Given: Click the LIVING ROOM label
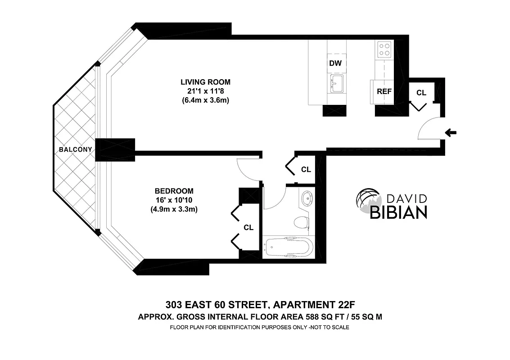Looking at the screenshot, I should point(205,82).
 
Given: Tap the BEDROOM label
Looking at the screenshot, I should point(174,191).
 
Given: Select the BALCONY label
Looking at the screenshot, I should point(76,149).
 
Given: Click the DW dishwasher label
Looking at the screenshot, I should point(335,63).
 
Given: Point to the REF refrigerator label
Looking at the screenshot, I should point(384,91).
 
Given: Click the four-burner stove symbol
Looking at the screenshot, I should point(384,49).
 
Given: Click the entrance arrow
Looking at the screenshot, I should point(450,132).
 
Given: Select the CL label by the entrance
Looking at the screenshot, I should point(421,93).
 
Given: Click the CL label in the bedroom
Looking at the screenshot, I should point(248,228).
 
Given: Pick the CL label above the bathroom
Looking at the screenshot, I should point(306,170).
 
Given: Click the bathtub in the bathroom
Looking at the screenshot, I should point(288,247).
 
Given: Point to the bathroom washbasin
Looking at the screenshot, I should point(308,198).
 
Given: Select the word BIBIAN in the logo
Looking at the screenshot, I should point(398,212).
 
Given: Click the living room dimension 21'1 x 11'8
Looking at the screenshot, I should point(205,91).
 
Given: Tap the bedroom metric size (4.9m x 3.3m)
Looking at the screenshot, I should point(174,209).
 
